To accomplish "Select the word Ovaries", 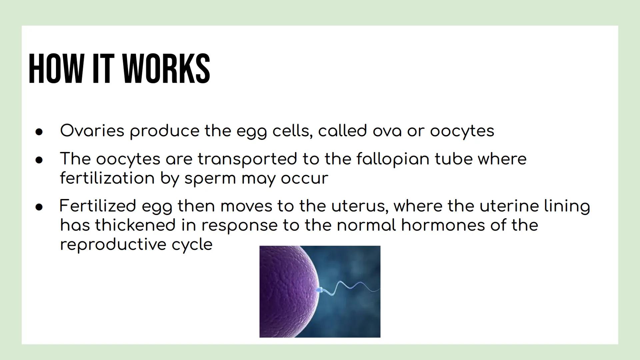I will tap(92, 130).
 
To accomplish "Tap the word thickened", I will tap(135, 225).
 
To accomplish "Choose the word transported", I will tap(247, 159).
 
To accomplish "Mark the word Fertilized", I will tap(97, 206).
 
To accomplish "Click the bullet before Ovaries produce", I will tap(39, 132).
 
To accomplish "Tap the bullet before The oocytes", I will tap(39, 160).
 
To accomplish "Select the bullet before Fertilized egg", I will tap(39, 207).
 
